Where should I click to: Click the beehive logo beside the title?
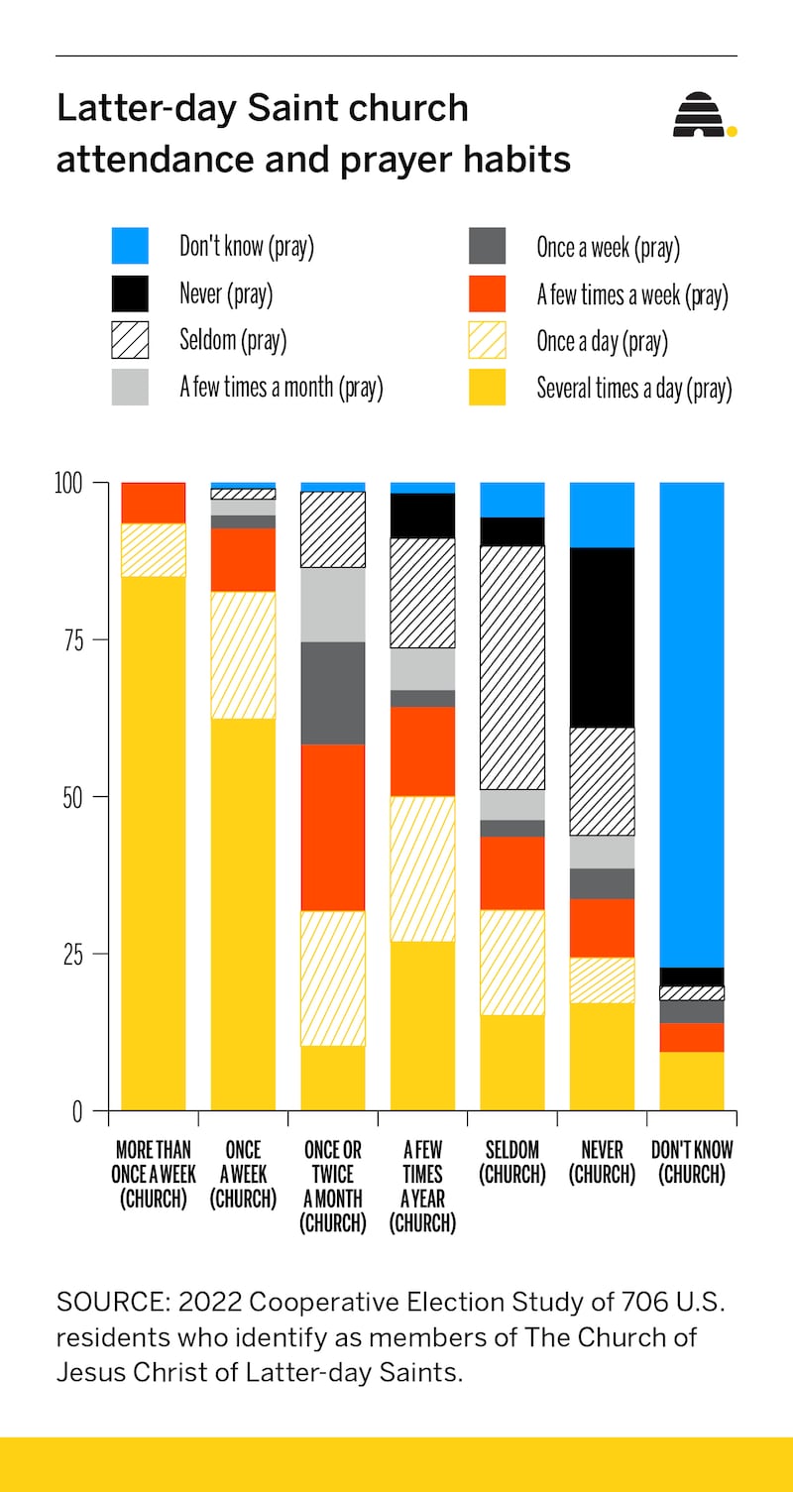click(x=702, y=116)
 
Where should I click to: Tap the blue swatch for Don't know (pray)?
click(x=130, y=246)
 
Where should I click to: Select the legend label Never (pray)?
click(x=225, y=293)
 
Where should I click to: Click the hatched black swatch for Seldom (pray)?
click(x=130, y=340)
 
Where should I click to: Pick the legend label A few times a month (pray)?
click(x=281, y=387)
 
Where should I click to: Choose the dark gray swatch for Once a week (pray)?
click(x=487, y=246)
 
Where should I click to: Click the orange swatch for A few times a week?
click(x=487, y=293)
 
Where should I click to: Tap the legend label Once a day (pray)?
click(x=602, y=341)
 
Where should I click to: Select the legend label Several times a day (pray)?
click(x=633, y=388)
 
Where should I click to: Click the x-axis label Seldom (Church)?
click(x=512, y=1163)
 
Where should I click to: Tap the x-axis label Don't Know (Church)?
click(x=692, y=1163)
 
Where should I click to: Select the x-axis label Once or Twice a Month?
click(x=333, y=1187)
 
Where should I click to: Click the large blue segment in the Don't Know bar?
click(x=692, y=724)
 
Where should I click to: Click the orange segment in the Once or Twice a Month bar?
click(x=333, y=827)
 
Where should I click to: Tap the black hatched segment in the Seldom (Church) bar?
click(x=512, y=667)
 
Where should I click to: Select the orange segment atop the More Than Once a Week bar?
click(x=153, y=503)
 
